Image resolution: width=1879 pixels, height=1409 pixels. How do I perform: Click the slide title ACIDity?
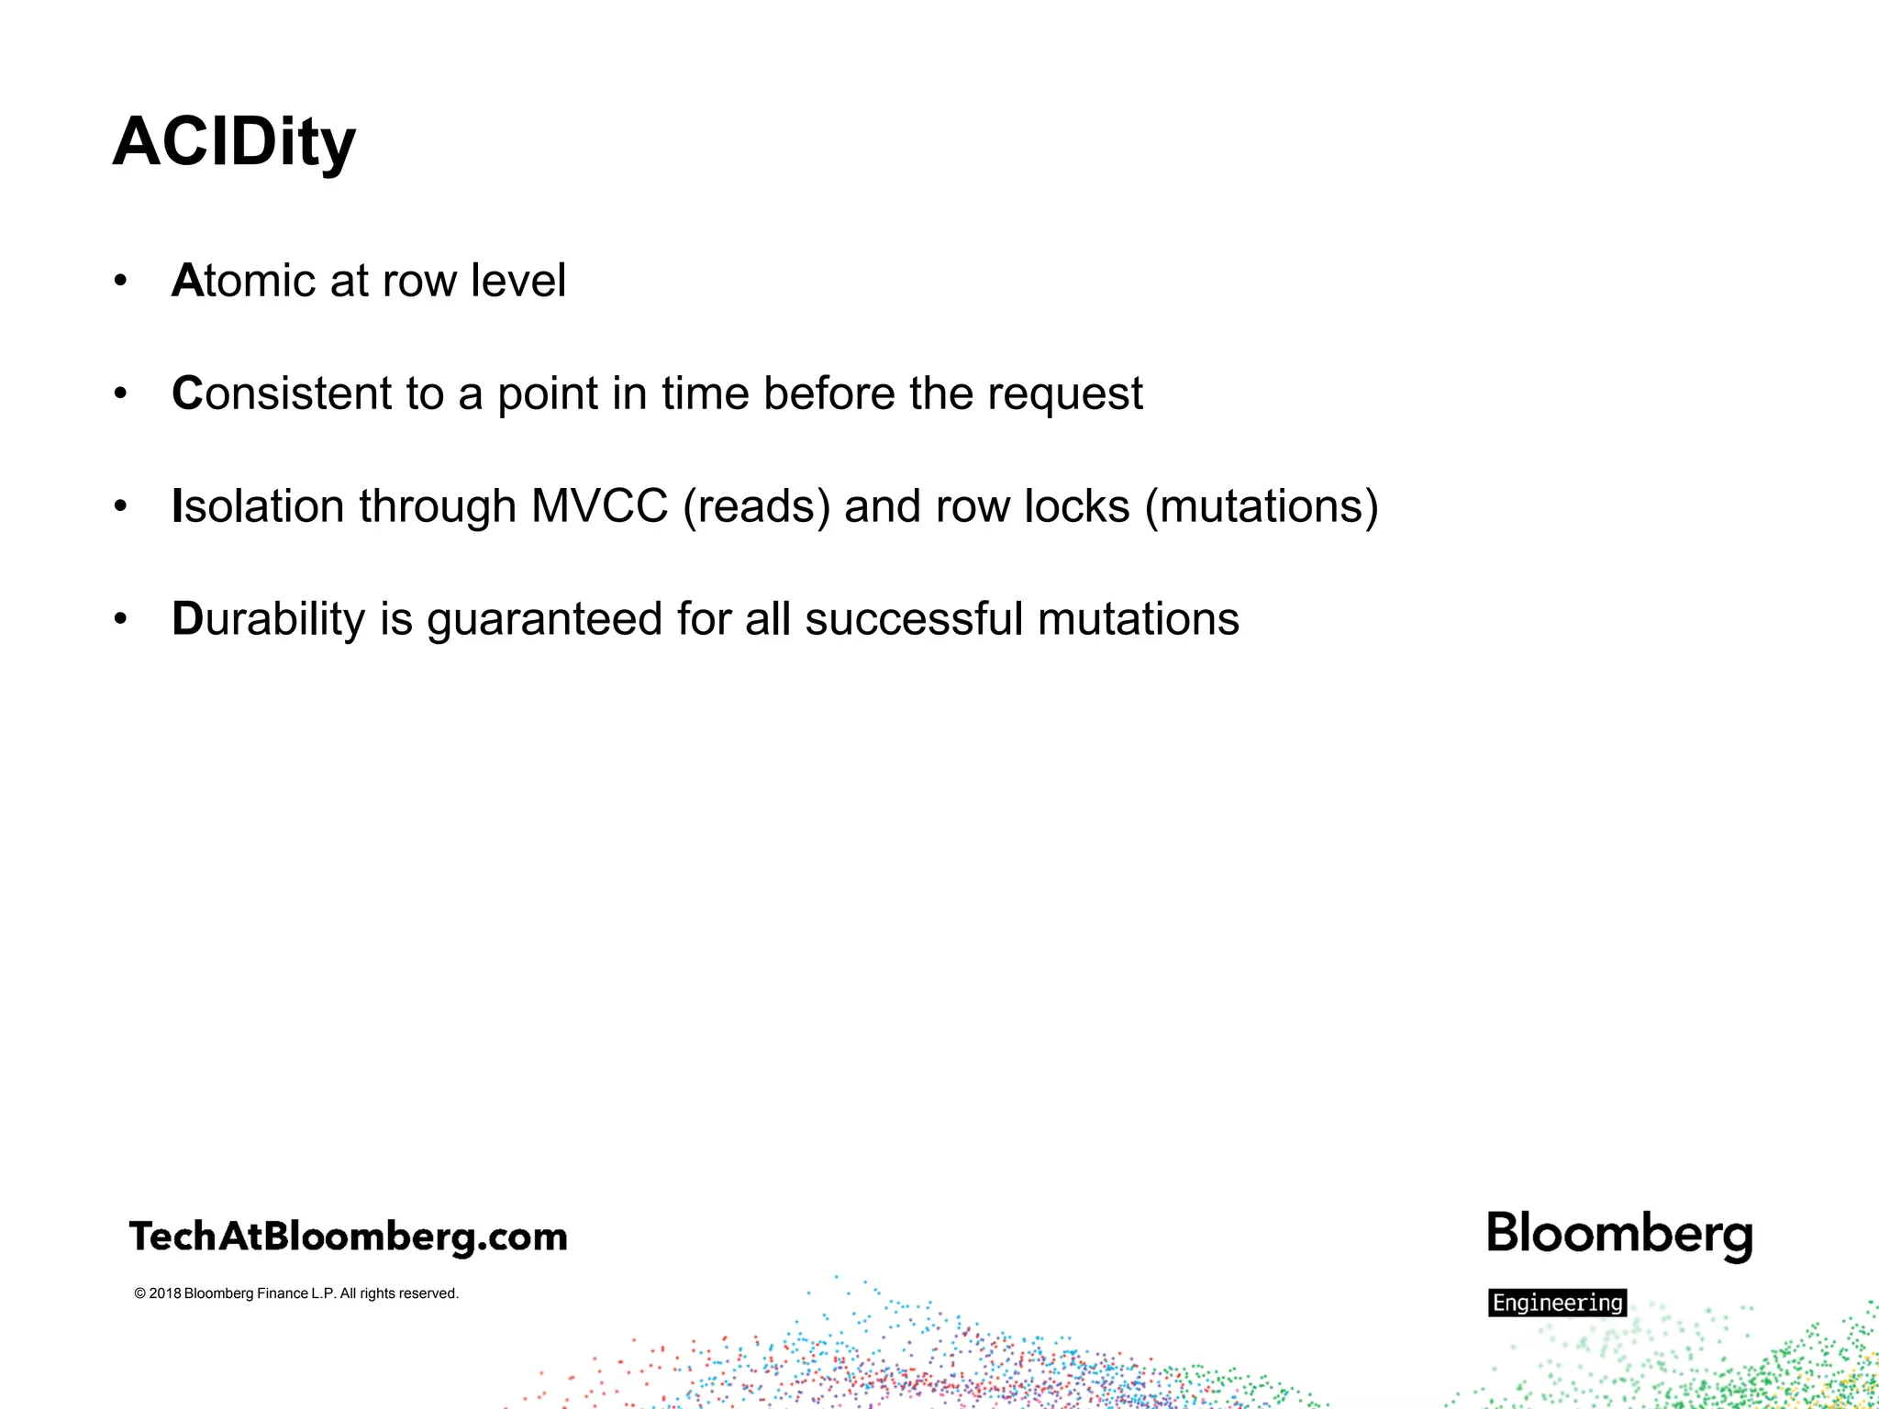coord(234,142)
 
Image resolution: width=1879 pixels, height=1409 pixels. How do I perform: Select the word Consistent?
coord(282,394)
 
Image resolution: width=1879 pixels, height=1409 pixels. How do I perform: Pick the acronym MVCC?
coord(599,506)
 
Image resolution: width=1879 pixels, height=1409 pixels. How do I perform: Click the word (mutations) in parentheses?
coord(1262,507)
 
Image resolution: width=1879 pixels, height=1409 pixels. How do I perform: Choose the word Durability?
coord(269,619)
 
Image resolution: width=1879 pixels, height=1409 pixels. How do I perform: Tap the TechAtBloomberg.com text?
coord(349,1237)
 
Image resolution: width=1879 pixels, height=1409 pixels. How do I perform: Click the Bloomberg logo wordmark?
coord(1619,1236)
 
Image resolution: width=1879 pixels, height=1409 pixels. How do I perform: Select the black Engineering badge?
coord(1557,1303)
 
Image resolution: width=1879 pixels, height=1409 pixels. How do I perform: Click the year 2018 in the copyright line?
coord(165,1293)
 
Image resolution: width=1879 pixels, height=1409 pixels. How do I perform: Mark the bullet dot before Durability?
coord(120,619)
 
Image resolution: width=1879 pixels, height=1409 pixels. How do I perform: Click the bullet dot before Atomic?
coord(120,281)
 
